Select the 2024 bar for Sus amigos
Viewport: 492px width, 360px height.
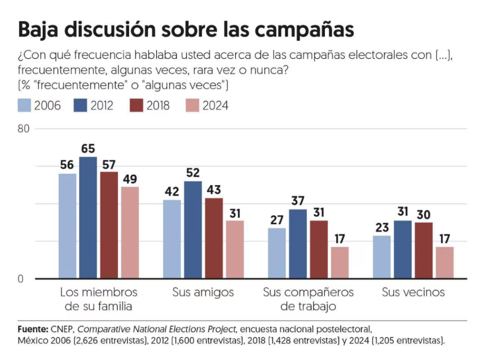pos(235,249)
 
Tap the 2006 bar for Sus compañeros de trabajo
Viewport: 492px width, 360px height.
pos(277,253)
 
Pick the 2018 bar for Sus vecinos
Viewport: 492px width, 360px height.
pos(423,250)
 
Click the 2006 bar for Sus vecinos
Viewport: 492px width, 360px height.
pos(381,257)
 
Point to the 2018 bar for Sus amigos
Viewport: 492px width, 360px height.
pos(214,238)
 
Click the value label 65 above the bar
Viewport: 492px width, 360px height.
pos(88,149)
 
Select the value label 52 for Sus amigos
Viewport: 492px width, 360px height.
pos(193,173)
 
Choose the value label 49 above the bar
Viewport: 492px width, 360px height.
pos(130,179)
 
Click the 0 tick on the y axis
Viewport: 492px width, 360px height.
pos(21,279)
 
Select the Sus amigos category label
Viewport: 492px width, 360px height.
pos(203,292)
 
